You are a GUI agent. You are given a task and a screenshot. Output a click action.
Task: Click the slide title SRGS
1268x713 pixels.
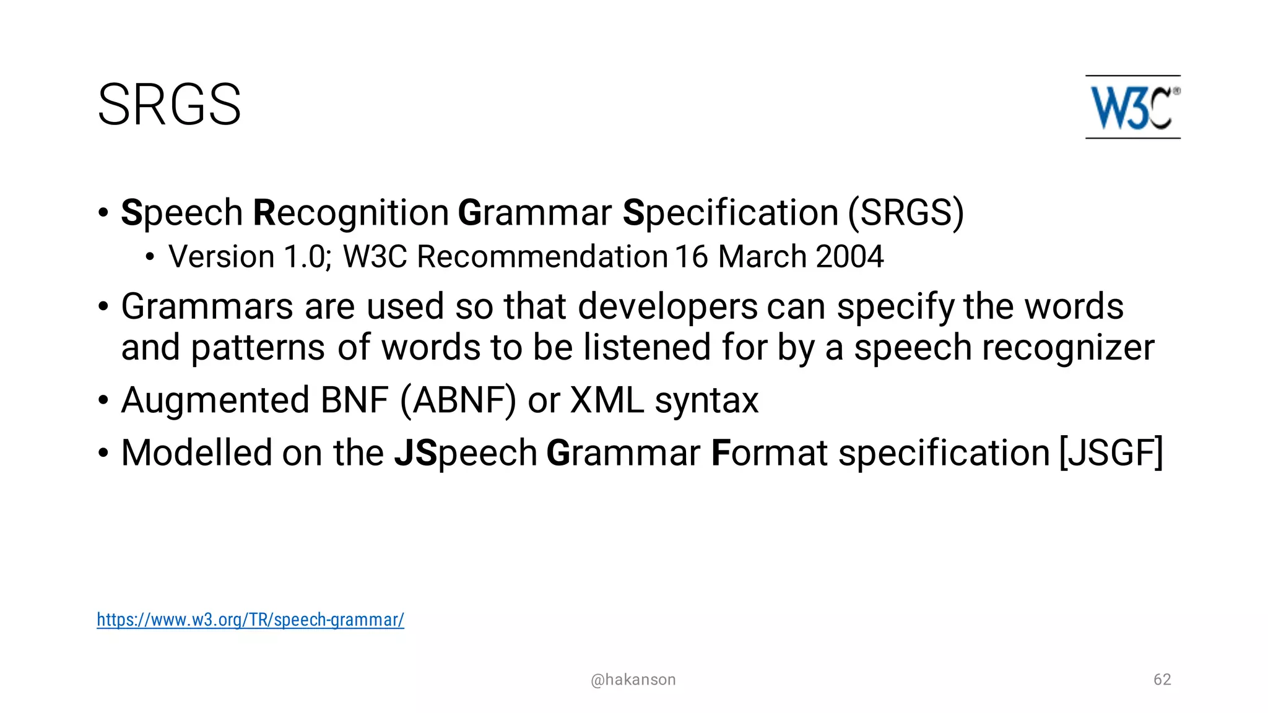(169, 105)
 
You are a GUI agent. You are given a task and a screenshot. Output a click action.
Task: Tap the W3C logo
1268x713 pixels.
(1132, 107)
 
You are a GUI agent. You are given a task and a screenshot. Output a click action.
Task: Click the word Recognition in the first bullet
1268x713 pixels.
(351, 213)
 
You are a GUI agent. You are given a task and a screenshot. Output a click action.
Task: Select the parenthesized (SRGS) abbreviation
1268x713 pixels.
(905, 213)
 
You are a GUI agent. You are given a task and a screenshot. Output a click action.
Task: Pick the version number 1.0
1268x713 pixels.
(305, 257)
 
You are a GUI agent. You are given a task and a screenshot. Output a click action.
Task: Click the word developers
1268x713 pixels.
(667, 306)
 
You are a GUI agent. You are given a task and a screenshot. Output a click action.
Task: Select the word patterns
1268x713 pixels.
(258, 347)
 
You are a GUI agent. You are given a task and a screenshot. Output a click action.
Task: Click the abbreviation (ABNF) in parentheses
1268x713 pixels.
(458, 400)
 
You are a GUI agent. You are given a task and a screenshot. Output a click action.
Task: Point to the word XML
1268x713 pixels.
(607, 400)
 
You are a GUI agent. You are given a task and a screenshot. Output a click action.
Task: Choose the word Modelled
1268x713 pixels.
(196, 452)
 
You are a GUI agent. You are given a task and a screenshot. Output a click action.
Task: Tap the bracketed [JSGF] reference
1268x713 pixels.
(1111, 452)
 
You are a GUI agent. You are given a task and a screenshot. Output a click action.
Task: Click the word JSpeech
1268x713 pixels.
(466, 452)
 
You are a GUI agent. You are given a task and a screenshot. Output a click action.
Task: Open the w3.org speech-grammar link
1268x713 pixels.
(250, 620)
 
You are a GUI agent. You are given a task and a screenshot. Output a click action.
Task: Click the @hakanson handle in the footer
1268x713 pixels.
(633, 680)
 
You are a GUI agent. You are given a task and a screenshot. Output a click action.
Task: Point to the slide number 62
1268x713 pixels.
(1162, 680)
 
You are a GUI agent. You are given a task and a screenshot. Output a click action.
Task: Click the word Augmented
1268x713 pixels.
(215, 400)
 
